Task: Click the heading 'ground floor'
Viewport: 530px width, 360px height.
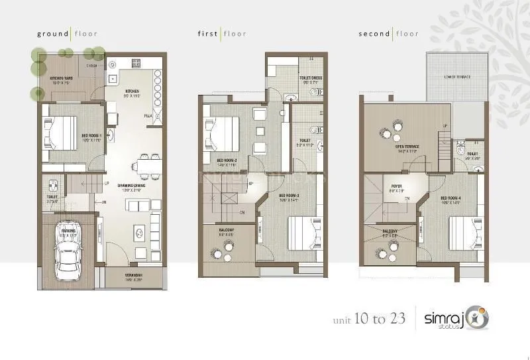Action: click(x=65, y=33)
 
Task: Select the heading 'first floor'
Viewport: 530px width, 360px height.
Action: click(x=222, y=33)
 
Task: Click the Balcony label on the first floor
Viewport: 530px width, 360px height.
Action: click(x=227, y=232)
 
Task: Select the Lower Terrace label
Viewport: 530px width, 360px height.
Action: click(x=458, y=77)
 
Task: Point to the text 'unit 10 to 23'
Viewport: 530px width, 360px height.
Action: click(x=370, y=319)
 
